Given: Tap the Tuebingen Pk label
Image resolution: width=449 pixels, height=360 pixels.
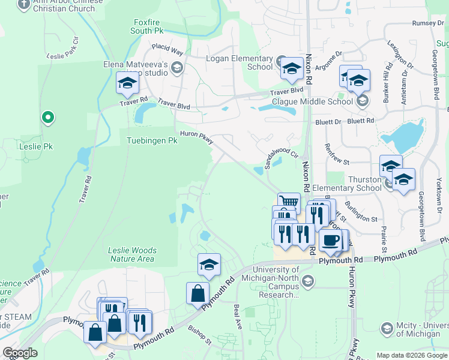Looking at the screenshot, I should [152, 141].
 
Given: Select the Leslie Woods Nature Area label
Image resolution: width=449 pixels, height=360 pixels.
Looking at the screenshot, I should [132, 254].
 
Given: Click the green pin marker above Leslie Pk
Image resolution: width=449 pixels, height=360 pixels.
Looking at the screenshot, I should [47, 118].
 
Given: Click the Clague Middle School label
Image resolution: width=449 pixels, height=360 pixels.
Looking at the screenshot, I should [321, 101].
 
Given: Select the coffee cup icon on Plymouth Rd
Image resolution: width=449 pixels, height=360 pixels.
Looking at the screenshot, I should [331, 241].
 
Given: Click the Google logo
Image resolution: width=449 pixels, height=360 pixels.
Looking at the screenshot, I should [20, 353].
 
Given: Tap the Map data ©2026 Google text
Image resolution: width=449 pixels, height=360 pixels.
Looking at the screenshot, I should [411, 355].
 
